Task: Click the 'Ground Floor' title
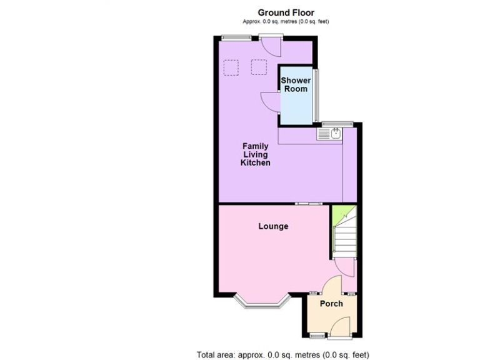pos(286,12)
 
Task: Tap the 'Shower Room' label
pos(295,84)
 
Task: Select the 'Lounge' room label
pos(273,226)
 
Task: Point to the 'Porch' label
pos(331,304)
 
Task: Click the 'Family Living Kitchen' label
pos(256,154)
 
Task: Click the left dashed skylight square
pos(232,66)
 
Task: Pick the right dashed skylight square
pos(258,66)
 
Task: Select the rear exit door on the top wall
pos(271,45)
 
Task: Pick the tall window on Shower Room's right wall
pos(317,94)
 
